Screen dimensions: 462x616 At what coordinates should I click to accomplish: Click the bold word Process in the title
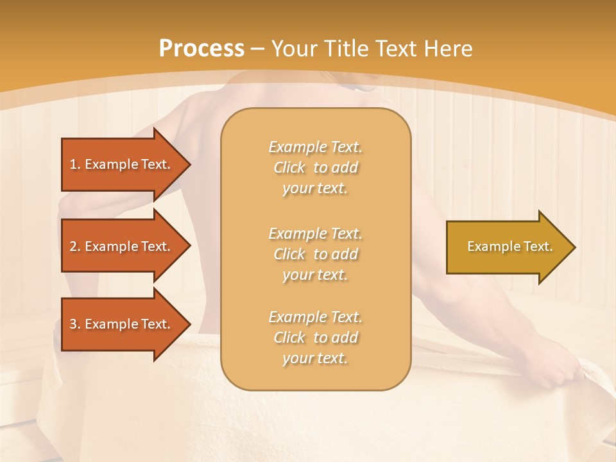201,49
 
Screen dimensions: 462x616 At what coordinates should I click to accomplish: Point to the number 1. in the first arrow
75,164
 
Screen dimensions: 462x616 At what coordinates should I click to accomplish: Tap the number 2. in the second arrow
75,246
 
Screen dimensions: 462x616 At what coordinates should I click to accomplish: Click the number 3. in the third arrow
75,324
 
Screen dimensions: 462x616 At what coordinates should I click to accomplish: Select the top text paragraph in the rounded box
315,167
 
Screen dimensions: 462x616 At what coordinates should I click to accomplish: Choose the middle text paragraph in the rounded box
315,254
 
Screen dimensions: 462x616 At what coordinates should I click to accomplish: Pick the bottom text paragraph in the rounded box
315,338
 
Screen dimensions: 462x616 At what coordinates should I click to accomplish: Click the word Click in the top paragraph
289,167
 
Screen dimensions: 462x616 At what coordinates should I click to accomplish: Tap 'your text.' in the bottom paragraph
315,359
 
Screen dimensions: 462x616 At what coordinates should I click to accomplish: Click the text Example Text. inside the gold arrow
509,247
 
